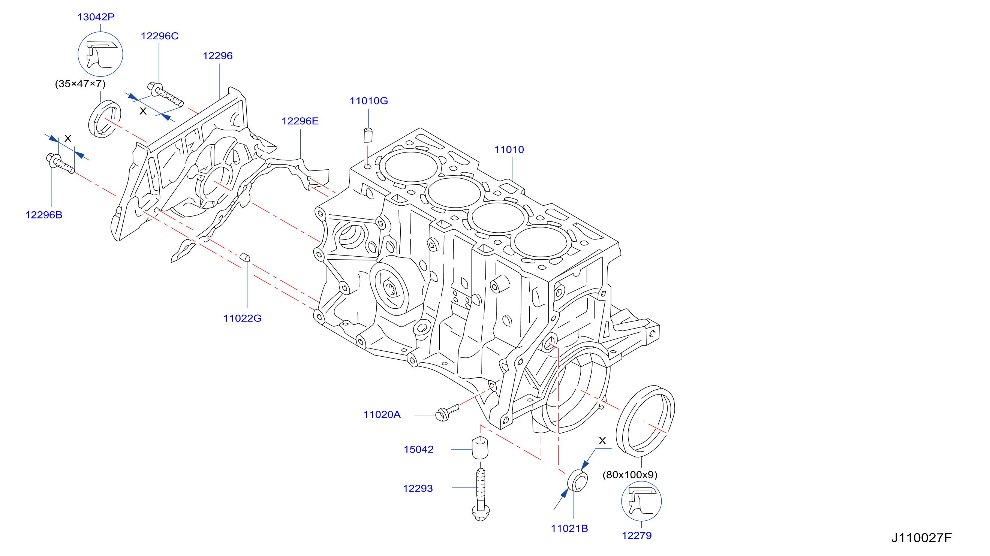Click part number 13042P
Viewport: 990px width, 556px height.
[x=96, y=17]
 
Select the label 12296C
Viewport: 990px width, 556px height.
[x=159, y=36]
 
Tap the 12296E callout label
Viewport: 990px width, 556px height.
[x=300, y=121]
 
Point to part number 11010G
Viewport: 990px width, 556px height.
[x=368, y=101]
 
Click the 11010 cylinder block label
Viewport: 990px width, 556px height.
[x=509, y=149]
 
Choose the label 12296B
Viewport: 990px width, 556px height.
[x=44, y=215]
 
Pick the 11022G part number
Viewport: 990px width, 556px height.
[x=242, y=318]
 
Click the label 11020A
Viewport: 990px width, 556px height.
[x=382, y=415]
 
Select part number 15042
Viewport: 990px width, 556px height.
[x=418, y=449]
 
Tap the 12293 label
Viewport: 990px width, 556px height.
[x=418, y=488]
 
